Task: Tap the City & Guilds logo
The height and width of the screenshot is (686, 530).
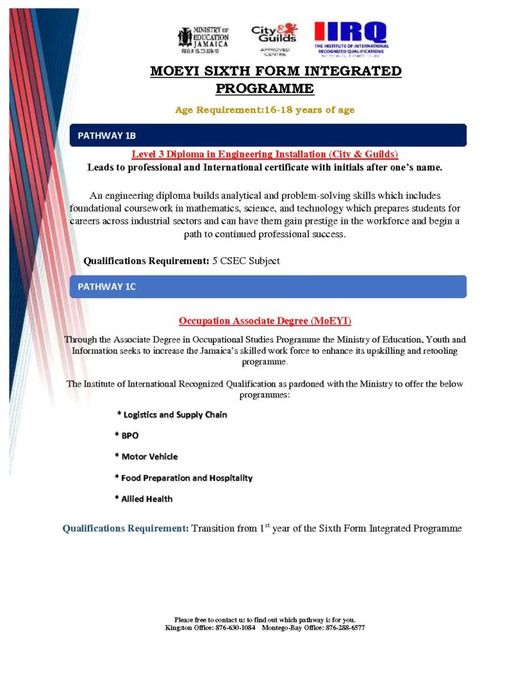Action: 273,39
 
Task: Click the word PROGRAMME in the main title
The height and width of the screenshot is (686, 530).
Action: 265,88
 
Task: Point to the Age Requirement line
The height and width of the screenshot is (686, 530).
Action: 265,110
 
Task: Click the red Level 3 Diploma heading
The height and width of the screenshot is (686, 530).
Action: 265,154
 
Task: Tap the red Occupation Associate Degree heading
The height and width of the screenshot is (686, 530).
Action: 265,321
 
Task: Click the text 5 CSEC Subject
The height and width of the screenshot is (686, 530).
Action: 246,261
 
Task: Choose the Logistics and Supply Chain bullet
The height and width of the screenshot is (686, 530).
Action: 173,415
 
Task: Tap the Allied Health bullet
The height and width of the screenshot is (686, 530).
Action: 143,498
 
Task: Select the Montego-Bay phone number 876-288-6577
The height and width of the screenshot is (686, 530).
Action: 344,628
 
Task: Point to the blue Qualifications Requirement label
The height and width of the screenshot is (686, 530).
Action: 125,529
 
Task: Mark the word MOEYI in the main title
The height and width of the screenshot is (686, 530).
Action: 176,72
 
